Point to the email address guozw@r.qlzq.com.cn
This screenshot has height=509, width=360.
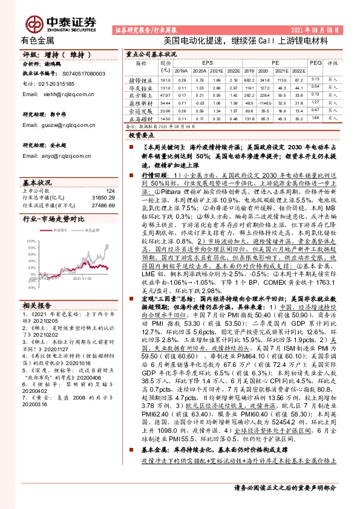(65, 125)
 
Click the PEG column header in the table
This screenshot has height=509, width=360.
(314, 62)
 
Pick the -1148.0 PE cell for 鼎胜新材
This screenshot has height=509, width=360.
(249, 103)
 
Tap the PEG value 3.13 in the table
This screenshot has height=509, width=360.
(314, 79)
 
